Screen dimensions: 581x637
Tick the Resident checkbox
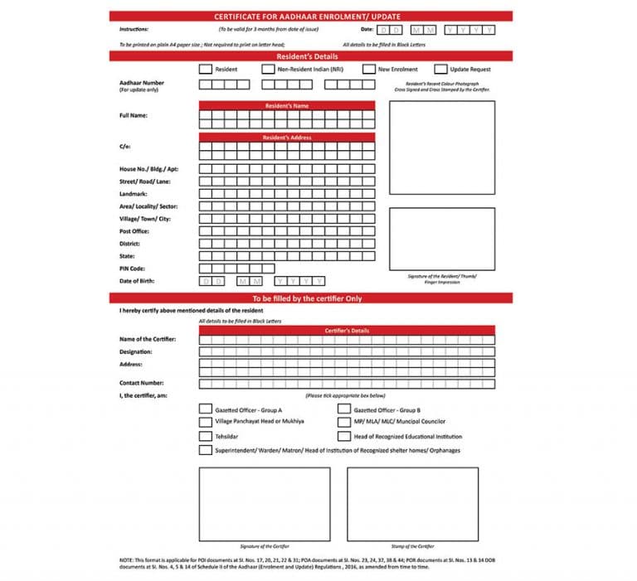[x=205, y=70]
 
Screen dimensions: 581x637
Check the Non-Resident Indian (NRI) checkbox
[x=268, y=70]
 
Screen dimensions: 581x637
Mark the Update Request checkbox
[x=441, y=70]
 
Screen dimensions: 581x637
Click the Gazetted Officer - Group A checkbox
[x=205, y=409]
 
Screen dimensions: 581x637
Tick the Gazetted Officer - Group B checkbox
[x=343, y=409]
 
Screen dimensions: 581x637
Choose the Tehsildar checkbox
[x=205, y=436]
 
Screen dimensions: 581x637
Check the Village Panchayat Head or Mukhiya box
[x=205, y=422]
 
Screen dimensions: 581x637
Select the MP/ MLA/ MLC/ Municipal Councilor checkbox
[x=343, y=422]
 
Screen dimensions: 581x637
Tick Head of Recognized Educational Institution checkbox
[x=343, y=436]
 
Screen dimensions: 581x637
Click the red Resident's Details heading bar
[x=311, y=56]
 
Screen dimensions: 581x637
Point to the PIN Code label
[x=134, y=269]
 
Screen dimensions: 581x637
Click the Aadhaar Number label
[x=142, y=83]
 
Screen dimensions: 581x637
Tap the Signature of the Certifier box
[x=264, y=504]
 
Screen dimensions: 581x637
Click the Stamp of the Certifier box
[x=412, y=504]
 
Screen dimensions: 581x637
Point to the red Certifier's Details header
[x=347, y=331]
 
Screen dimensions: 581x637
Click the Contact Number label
[x=142, y=383]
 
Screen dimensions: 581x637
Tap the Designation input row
[x=347, y=351]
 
